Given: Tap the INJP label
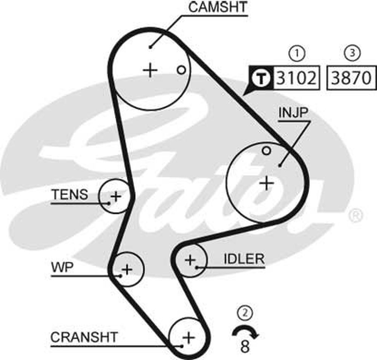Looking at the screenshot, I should coord(294,112).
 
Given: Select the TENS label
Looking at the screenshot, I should coord(70,195).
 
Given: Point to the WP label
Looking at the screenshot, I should coord(63,267).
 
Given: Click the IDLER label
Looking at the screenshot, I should coord(244,259).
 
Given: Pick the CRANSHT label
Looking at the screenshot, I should coord(84,337).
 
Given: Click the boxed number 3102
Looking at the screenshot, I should coord(296,78).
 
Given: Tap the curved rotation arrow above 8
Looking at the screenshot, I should coord(245,331).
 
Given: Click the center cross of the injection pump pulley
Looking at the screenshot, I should coord(267,183).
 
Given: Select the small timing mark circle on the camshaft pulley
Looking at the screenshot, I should coord(181,69).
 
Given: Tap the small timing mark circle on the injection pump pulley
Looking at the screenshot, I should coord(267,151).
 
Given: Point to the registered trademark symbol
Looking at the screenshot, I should coord(356,215).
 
